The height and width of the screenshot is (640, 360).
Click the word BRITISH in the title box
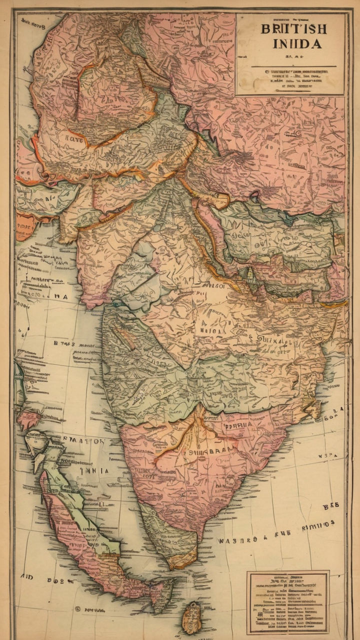(293, 28)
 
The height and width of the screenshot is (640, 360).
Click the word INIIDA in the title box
(297, 44)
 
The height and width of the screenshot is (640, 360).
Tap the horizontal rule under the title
(290, 66)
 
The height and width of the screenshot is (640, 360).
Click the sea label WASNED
(238, 540)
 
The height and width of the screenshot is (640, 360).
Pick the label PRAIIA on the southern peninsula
(238, 426)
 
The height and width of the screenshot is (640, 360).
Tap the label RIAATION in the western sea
(83, 441)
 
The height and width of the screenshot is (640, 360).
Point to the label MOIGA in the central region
(211, 330)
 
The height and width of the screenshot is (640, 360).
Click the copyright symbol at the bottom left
(77, 609)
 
